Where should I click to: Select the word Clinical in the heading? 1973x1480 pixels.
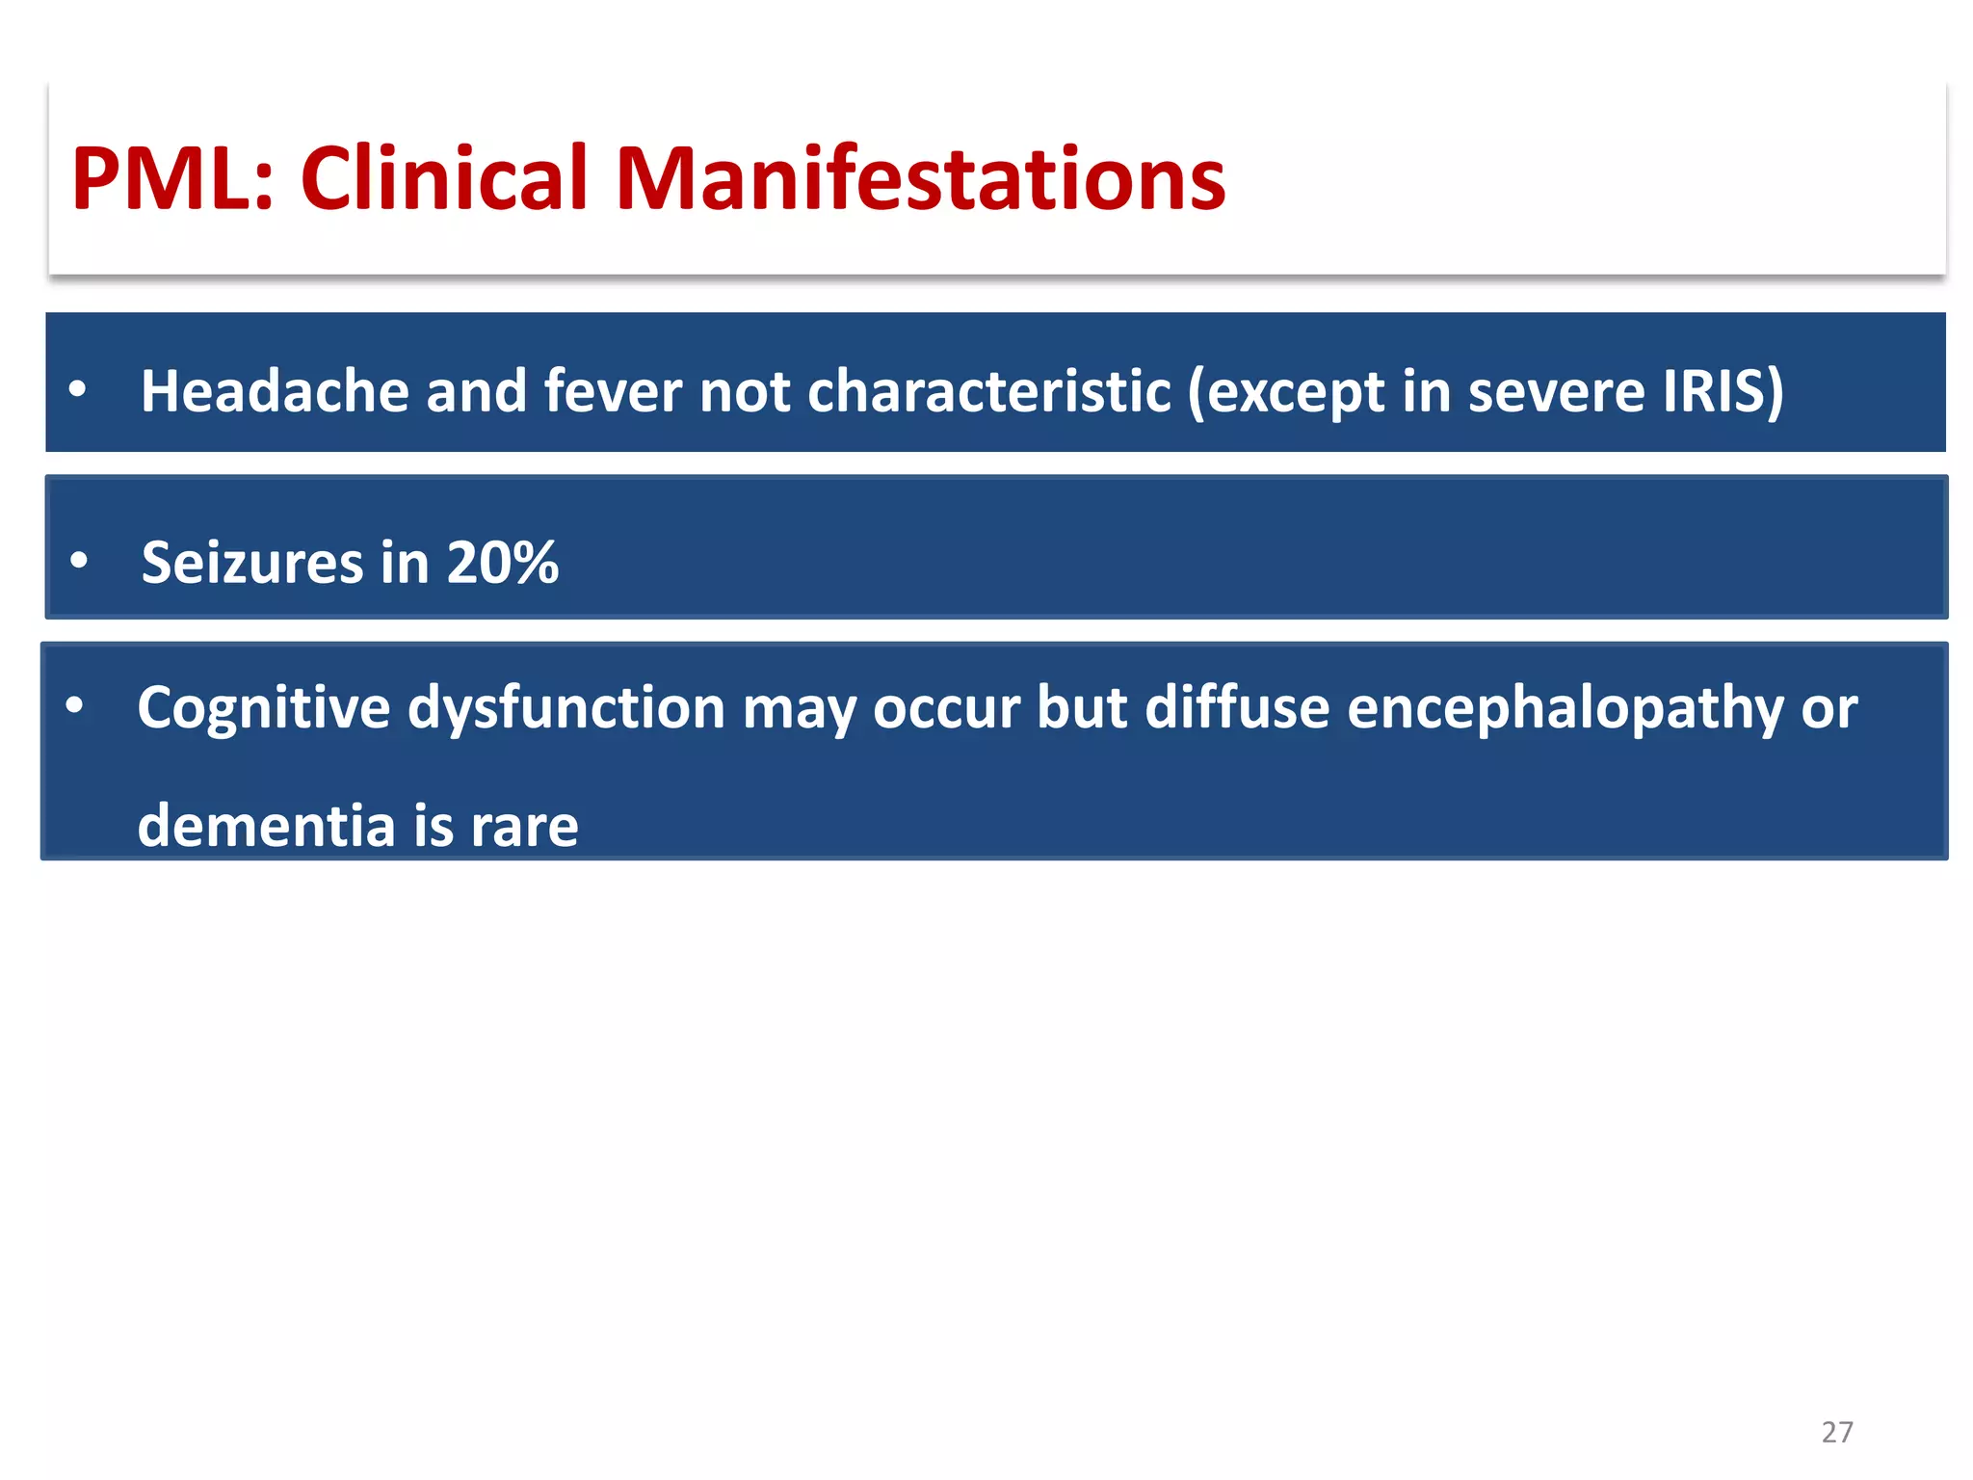pos(444,179)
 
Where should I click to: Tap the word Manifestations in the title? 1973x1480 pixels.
pos(920,179)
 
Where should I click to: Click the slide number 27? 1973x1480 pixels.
pos(1836,1432)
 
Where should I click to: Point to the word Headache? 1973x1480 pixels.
pos(274,392)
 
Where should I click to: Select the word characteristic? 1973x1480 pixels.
pos(989,392)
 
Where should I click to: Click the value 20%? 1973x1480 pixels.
pos(502,563)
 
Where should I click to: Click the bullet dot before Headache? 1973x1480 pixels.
pos(78,390)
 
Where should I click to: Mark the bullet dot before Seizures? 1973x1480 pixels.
pos(79,560)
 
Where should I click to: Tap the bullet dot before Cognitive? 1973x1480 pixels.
pos(74,706)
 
